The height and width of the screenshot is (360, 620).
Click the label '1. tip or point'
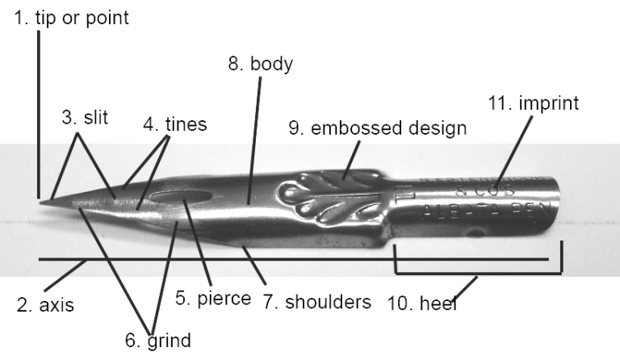[x=71, y=18]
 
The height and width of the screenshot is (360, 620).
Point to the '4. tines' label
[x=175, y=125]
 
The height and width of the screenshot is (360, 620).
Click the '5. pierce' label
[x=213, y=299]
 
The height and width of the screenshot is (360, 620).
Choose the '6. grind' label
[x=158, y=341]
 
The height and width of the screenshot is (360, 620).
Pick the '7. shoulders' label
[x=316, y=302]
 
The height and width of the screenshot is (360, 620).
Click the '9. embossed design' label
[x=378, y=127]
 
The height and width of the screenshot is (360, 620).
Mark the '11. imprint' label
[x=534, y=103]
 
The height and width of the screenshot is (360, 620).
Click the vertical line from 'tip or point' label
[x=38, y=113]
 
